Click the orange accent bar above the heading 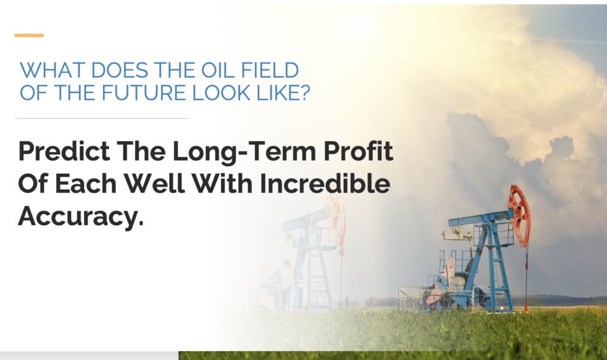coord(29,35)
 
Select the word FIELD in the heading coord(270,70)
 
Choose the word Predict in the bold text coord(64,151)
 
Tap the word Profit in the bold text coord(358,151)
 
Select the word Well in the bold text coord(154,183)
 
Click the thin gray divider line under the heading coord(102,118)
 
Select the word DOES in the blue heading coord(119,70)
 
